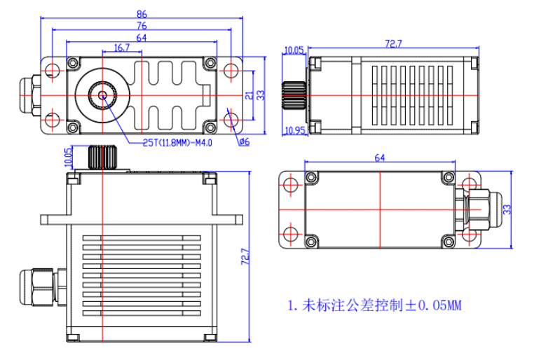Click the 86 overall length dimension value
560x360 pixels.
tap(142, 13)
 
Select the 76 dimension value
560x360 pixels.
tap(142, 25)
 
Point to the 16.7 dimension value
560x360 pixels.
tap(121, 48)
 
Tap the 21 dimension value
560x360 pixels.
tap(248, 95)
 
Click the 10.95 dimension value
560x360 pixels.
tap(295, 130)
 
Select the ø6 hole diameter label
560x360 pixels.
tap(244, 142)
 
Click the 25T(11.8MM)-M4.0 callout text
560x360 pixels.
tap(177, 142)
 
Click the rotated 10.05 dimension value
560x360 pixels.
tap(69, 155)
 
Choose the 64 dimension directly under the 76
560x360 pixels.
tap(142, 37)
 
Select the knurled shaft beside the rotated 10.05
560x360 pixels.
tap(102, 157)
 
